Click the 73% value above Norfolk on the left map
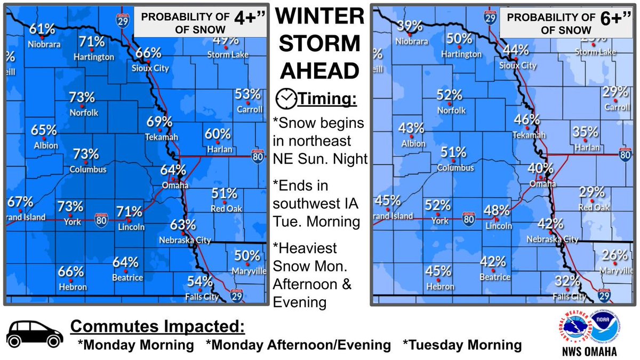[x=82, y=98]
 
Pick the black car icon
[x=32, y=335]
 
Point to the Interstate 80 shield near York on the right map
[x=468, y=219]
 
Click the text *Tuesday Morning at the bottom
[x=462, y=345]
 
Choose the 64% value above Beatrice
[x=126, y=262]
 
